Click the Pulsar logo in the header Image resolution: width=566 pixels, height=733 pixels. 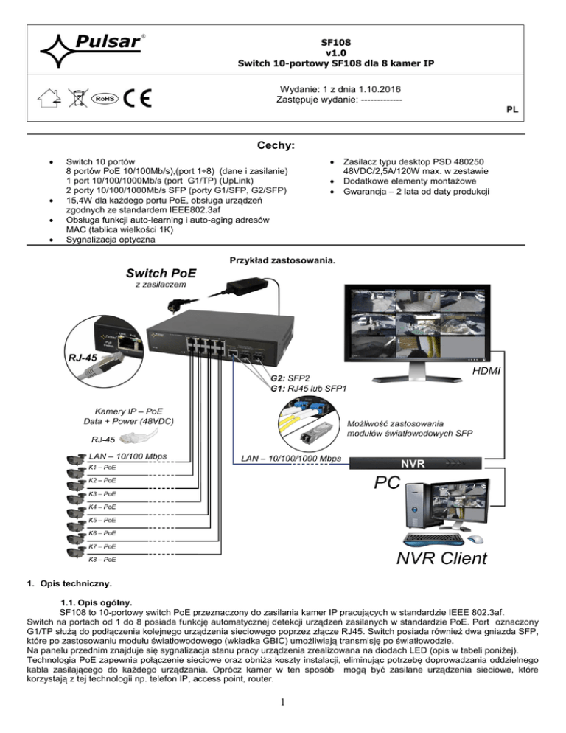point(92,46)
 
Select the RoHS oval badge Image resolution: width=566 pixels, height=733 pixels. point(103,98)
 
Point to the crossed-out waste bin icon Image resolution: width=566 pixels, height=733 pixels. point(75,97)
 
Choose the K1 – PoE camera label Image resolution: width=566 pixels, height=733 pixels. point(102,468)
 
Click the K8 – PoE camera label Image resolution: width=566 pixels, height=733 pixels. point(102,560)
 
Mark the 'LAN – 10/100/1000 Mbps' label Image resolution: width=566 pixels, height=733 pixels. point(291,459)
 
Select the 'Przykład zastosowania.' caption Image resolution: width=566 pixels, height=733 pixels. point(282,260)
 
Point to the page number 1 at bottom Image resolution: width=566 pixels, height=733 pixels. point(283,712)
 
